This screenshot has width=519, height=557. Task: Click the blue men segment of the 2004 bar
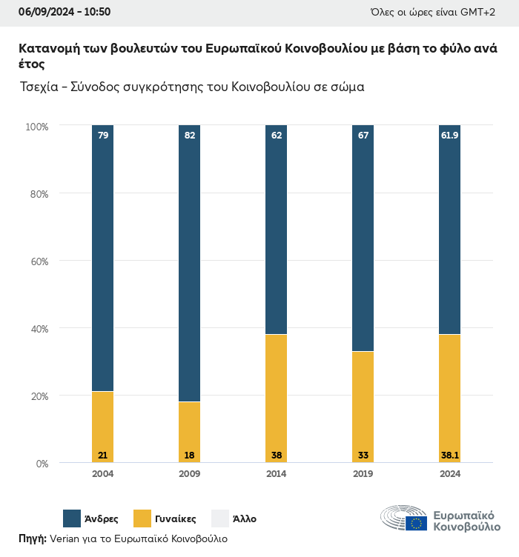[x=103, y=259]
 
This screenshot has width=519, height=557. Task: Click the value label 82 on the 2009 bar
[x=190, y=135]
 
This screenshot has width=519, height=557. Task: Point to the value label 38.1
[x=450, y=455]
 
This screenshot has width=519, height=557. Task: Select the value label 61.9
[x=450, y=135]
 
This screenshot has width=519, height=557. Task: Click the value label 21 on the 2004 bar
[x=103, y=455]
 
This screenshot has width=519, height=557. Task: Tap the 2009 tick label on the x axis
[x=190, y=474]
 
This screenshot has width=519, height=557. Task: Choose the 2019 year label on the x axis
[x=363, y=474]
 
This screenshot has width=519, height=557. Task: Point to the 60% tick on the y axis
[x=39, y=261]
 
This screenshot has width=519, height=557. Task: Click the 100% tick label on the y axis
[x=36, y=127]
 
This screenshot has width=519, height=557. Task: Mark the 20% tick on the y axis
[x=39, y=396]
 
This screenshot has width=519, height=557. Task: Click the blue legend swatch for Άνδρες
[x=72, y=518]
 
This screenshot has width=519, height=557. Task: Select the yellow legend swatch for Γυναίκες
[x=142, y=518]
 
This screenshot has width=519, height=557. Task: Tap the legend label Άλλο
[x=245, y=519]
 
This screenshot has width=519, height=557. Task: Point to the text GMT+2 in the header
[x=481, y=12]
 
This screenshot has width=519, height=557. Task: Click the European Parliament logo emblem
[x=403, y=518]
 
